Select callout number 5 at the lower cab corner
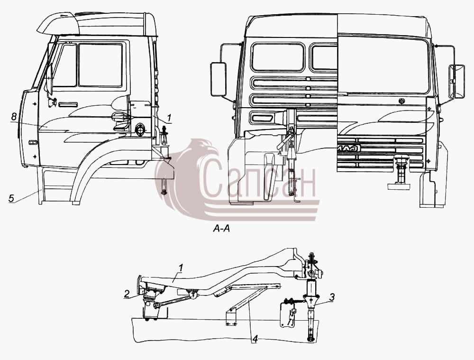pos(11,198)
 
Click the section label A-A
pos(221,229)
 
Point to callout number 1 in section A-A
pos(181,268)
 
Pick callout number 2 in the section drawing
pos(127,293)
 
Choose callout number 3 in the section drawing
pos(332,297)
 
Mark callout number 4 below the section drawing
pos(255,340)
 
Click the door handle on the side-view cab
pos(68,105)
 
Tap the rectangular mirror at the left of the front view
pos(218,79)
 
